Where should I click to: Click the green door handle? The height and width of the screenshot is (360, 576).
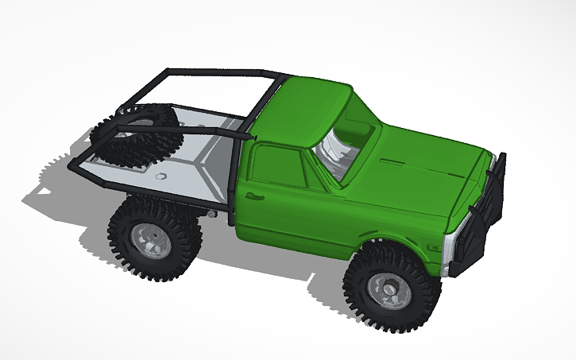[x=254, y=195]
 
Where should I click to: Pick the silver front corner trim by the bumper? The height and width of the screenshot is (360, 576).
[x=449, y=250]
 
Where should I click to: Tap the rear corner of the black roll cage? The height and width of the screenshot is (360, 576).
[x=75, y=166]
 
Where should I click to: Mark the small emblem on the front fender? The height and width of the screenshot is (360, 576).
[x=434, y=247]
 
